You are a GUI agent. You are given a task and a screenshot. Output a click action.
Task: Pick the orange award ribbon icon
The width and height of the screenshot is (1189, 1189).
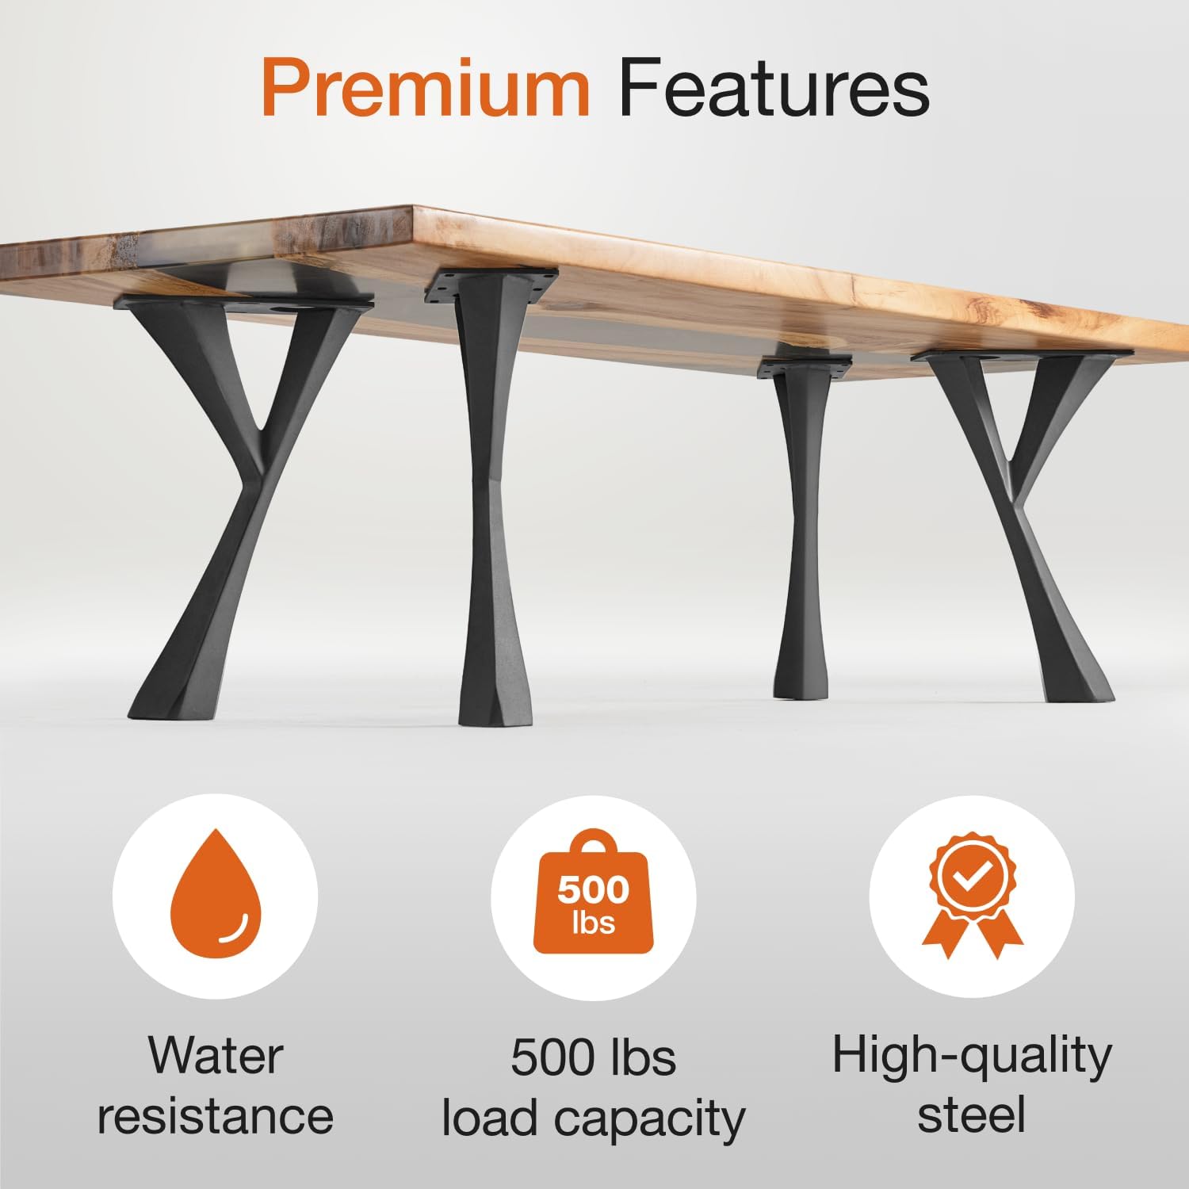973,892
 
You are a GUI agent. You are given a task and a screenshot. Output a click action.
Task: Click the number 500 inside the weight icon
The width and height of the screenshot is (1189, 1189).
593,890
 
